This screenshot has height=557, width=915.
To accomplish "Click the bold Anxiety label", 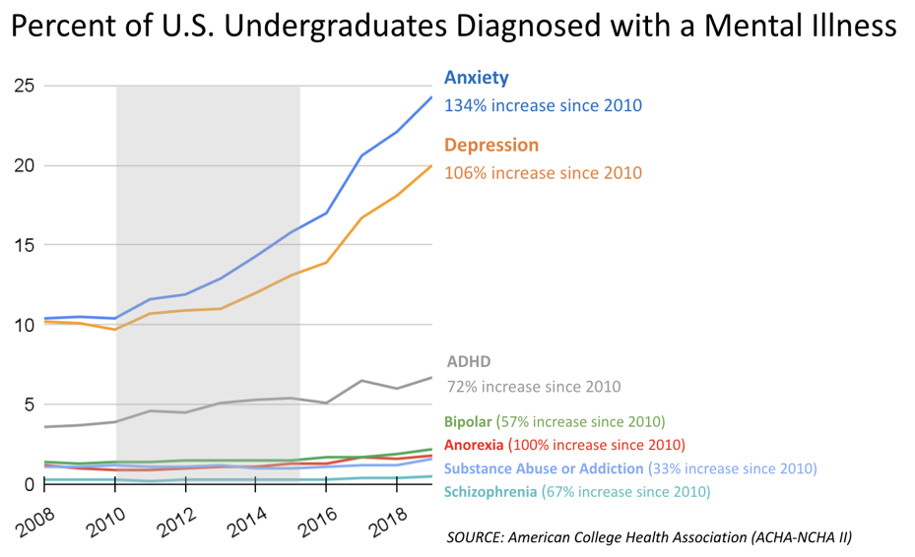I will point(477,78).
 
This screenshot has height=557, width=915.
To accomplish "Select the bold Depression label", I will point(491,146).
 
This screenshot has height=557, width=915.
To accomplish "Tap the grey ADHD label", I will point(468,361).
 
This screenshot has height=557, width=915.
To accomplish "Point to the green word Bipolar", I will point(468,421).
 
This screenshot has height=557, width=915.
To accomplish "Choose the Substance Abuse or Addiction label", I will point(545,468).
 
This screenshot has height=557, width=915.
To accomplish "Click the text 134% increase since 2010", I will point(543,104).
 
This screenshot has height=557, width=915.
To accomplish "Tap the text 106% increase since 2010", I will point(543,173).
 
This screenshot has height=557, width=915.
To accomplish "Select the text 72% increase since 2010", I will point(534,387).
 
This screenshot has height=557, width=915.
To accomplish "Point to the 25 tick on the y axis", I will point(25,86).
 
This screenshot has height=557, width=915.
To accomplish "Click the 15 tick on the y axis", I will point(25,245).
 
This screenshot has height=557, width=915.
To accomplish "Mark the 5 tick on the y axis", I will point(30,404).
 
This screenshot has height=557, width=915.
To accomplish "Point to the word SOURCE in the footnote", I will point(476,536).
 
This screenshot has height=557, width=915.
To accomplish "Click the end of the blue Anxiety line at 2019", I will point(431,96).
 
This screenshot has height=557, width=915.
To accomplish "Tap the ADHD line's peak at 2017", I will point(361,380).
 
